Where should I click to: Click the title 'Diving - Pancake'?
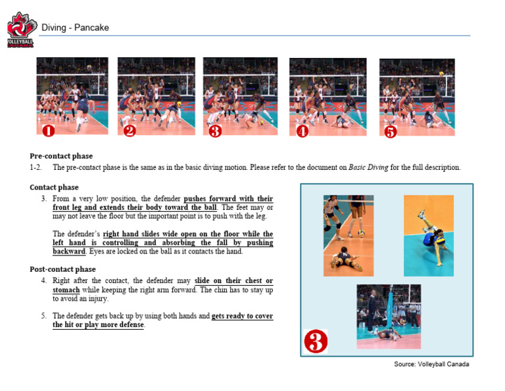[x=75, y=28]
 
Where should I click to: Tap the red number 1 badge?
[x=48, y=131]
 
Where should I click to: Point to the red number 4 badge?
[x=302, y=131]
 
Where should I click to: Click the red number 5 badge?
[x=391, y=132]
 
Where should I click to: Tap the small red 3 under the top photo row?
[x=215, y=131]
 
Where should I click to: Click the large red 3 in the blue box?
[x=315, y=342]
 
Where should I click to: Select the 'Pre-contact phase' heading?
[x=61, y=156]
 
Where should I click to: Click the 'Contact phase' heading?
[x=54, y=188]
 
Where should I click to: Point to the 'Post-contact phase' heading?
[x=62, y=269]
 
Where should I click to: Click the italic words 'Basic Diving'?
[x=368, y=167]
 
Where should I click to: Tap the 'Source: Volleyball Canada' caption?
[x=431, y=364]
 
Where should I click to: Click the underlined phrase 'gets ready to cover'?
[x=242, y=316]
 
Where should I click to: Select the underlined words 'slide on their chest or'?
[x=233, y=281]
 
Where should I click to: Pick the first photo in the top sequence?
[x=72, y=96]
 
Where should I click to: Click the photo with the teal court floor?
[x=428, y=235]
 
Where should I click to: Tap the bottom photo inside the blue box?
[x=389, y=316]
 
